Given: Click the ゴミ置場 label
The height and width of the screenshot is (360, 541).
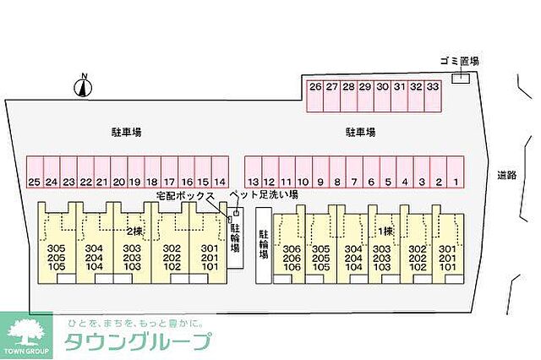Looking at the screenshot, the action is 460,61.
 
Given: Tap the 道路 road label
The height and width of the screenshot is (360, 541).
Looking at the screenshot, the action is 506,176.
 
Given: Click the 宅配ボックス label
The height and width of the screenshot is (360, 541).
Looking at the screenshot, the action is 185,195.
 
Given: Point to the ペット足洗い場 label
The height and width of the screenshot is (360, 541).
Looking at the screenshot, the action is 264,194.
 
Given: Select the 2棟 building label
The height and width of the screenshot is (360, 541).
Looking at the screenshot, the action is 134,231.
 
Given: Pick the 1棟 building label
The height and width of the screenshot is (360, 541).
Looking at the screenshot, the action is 385,231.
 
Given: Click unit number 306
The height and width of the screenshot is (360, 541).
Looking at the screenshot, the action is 292,248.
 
